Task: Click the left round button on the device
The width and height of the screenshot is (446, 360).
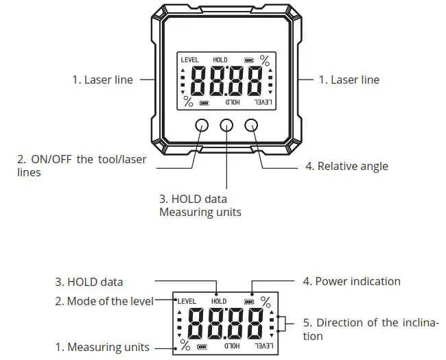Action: (x=202, y=125)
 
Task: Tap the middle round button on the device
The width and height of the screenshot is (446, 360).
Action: (x=226, y=125)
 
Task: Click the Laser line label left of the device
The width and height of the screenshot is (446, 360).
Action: (x=103, y=80)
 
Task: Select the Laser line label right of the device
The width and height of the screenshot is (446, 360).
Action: (x=349, y=80)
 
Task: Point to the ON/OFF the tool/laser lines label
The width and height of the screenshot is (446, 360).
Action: (x=82, y=166)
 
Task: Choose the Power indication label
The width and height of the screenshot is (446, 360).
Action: (x=351, y=281)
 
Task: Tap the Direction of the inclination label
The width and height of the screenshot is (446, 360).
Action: (x=370, y=329)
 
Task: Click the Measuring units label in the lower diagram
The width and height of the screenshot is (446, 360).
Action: (x=102, y=348)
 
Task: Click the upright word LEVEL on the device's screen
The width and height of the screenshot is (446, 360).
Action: (x=189, y=60)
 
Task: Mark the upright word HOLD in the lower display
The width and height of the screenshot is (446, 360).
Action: (x=219, y=301)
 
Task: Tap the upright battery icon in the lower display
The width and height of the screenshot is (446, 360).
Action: (x=248, y=301)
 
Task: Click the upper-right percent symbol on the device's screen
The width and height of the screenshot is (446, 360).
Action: (x=264, y=60)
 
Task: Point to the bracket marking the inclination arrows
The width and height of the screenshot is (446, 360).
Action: (x=281, y=324)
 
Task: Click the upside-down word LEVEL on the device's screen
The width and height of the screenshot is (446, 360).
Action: (x=262, y=103)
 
